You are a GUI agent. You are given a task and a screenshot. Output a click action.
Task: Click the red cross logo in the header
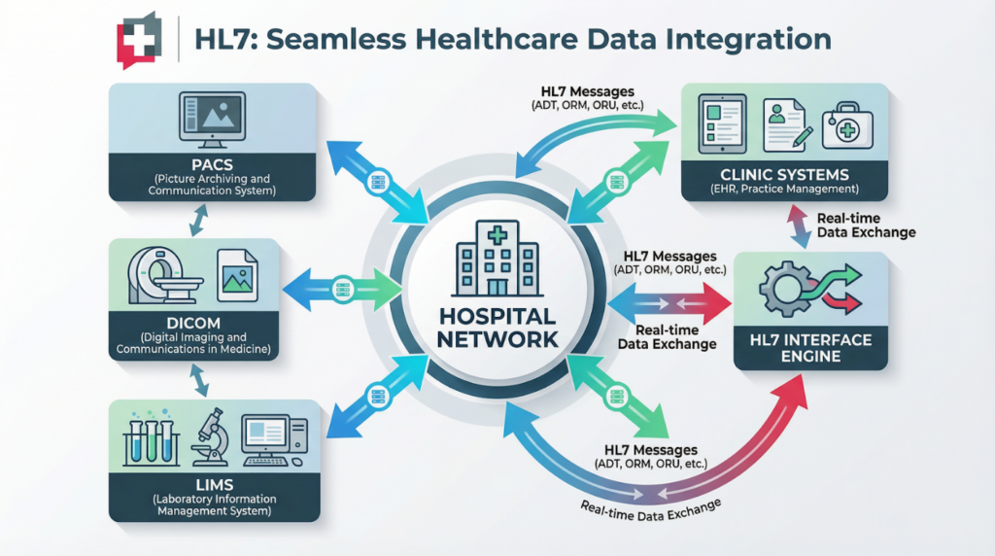coord(137,40)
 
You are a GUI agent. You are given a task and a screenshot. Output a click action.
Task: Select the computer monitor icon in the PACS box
coord(212,116)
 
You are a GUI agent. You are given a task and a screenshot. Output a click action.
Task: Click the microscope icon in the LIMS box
coord(213,436)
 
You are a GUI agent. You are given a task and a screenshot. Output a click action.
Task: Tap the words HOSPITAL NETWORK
coord(497,329)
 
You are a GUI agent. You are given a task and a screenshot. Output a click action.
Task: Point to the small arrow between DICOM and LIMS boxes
coord(200,380)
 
